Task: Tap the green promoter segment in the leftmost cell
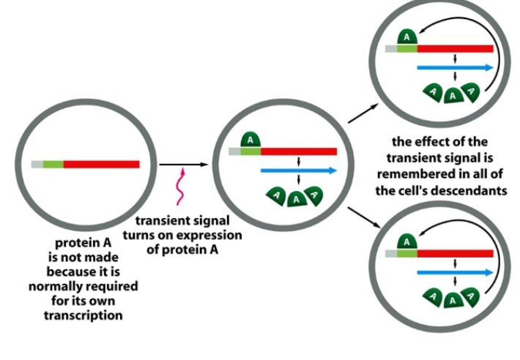53,164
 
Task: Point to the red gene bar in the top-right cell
455,49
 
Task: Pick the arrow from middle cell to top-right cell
363,113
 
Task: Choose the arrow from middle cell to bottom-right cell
364,217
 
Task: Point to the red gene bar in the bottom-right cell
455,254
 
